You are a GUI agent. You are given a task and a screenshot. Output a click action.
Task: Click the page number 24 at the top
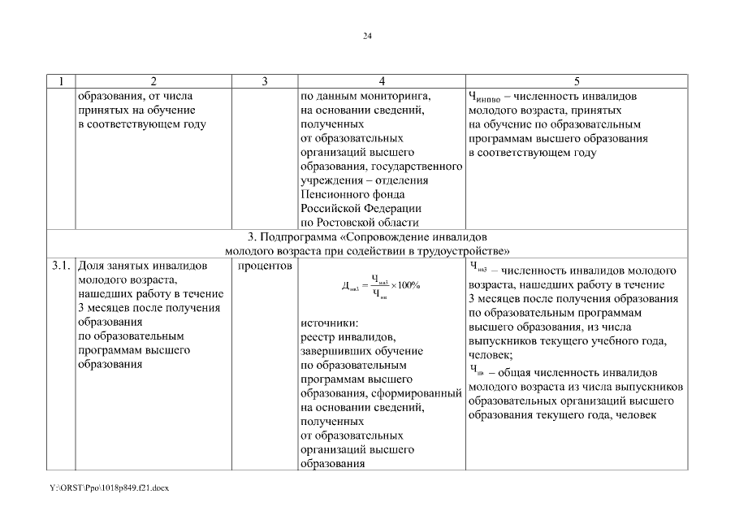tap(367, 37)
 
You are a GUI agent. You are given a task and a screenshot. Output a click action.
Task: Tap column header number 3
tap(266, 80)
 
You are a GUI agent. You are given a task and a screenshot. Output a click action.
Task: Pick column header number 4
tap(382, 80)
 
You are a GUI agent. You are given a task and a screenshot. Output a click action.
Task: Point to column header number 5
tap(577, 80)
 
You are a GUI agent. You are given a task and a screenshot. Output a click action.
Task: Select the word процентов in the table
tap(266, 265)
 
